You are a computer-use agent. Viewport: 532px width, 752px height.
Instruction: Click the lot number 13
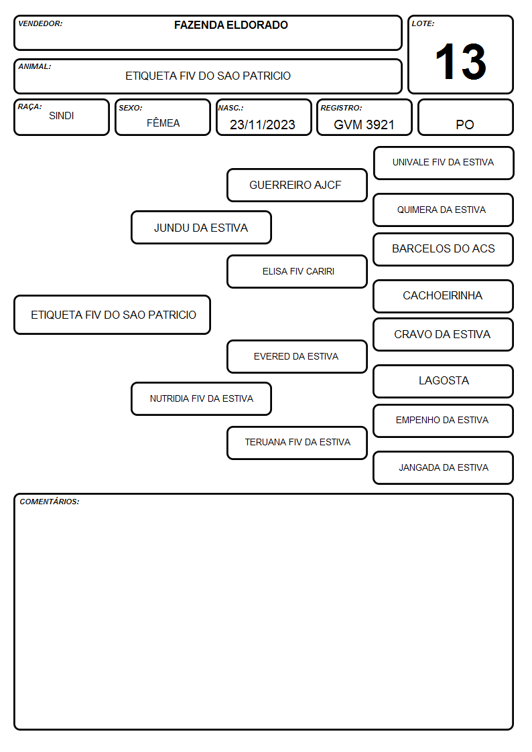(460, 62)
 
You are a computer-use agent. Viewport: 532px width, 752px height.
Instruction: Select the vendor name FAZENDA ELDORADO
(230, 25)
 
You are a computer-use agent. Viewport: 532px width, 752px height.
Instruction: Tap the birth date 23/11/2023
(263, 125)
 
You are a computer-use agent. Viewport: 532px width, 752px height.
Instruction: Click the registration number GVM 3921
(364, 125)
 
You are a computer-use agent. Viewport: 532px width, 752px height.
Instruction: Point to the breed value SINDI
(62, 116)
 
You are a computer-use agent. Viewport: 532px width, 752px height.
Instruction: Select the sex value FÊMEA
(163, 123)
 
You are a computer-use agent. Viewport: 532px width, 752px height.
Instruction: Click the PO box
(465, 117)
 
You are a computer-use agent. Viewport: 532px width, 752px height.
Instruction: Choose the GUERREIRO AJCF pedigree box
(297, 185)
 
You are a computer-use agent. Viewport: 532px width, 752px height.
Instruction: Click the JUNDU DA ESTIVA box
(202, 227)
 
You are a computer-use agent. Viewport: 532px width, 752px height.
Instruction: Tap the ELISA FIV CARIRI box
(297, 271)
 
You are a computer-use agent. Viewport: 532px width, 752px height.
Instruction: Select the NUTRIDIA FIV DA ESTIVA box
(202, 398)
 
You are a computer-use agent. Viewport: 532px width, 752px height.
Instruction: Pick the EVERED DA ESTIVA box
(297, 356)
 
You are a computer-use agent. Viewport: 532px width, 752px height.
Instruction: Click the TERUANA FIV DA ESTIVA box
(297, 443)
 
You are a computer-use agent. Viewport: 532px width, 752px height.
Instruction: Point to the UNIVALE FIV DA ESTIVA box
(444, 163)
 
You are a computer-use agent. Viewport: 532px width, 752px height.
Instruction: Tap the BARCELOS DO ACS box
(444, 249)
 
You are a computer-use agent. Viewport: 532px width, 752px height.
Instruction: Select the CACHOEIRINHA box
(444, 296)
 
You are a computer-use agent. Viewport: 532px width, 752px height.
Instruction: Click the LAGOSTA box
(444, 381)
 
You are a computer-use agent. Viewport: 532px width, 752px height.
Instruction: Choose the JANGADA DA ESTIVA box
(444, 467)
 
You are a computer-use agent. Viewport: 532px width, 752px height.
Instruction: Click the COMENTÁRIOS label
(50, 502)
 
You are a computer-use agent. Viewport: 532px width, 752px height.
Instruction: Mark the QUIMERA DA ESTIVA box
(444, 210)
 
